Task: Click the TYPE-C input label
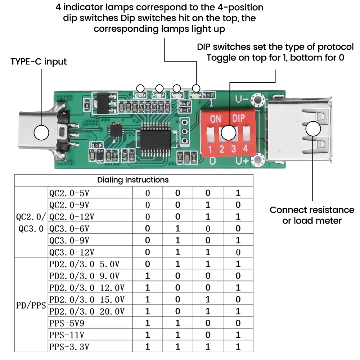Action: coord(39,61)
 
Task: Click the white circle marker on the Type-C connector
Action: coord(41,133)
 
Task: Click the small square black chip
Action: coord(117,130)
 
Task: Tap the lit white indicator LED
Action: coord(196,96)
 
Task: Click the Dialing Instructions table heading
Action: coord(133,180)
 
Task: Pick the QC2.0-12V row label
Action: coord(72,217)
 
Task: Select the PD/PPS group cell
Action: coord(31,305)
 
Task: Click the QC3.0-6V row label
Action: coord(69,229)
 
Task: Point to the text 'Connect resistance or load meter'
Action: coord(312,215)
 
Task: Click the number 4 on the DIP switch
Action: coord(246,148)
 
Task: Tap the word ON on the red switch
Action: coord(215,119)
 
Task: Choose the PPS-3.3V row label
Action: coord(69,347)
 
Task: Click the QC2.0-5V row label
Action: coord(69,193)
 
